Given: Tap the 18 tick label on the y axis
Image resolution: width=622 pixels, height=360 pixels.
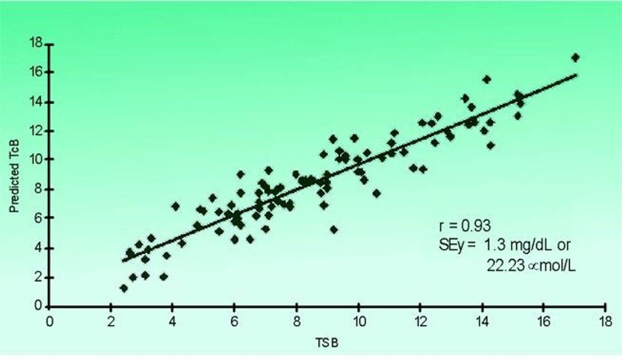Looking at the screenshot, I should click(x=35, y=43).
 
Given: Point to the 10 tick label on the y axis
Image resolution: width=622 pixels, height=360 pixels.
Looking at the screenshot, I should click(x=35, y=160).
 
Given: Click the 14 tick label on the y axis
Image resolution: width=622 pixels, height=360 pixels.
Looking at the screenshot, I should click(x=35, y=102).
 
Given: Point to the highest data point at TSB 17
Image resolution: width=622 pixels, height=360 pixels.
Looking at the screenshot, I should click(x=575, y=58).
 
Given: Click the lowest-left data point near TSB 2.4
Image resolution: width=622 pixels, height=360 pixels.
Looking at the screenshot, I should click(x=123, y=288).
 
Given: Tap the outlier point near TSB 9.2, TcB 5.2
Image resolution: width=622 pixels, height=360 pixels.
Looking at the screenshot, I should click(x=334, y=229).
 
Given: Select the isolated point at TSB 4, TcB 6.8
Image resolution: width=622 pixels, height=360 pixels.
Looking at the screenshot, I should click(x=175, y=206).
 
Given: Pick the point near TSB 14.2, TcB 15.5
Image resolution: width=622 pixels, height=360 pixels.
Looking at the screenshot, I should click(x=487, y=79).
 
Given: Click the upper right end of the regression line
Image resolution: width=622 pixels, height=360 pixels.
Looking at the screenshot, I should click(x=575, y=75).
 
